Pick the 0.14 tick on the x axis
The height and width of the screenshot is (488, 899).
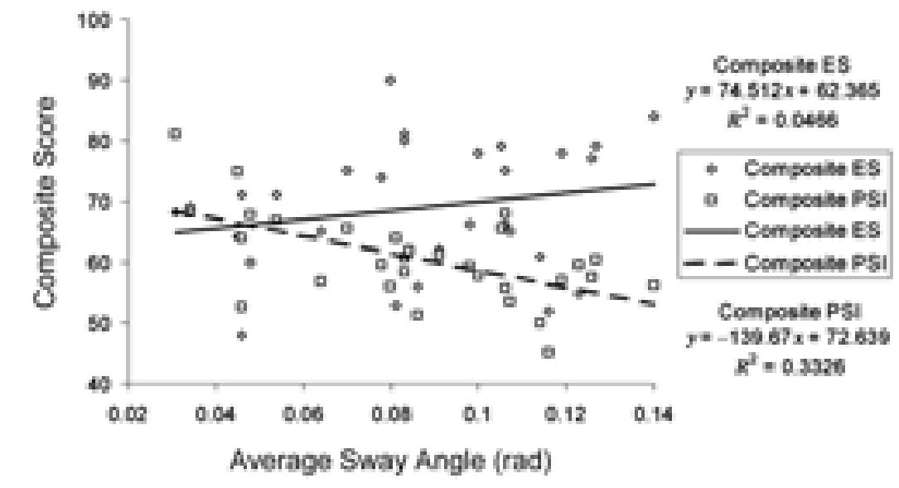(654, 414)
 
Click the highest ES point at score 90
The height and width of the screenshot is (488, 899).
(390, 80)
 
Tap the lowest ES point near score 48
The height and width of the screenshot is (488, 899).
(242, 336)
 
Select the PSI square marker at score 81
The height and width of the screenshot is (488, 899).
(175, 133)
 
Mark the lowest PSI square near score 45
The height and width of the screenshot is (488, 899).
(548, 352)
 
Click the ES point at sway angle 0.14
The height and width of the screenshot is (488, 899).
(654, 117)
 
